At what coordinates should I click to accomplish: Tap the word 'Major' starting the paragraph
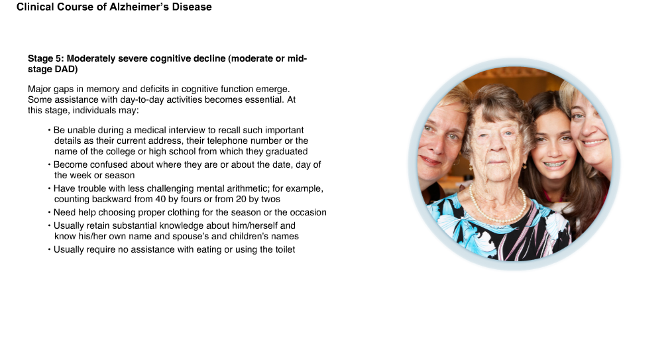(x=39, y=89)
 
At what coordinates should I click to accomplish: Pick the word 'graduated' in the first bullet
(x=287, y=152)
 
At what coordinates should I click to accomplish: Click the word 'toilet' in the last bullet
(x=284, y=250)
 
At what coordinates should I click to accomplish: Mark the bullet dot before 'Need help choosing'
(x=50, y=213)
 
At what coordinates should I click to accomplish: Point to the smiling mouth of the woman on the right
(x=594, y=143)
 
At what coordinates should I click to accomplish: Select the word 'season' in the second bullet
(x=121, y=176)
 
